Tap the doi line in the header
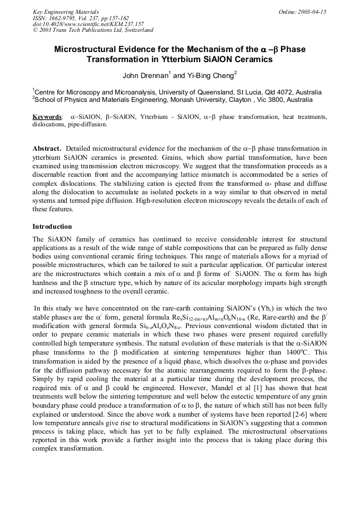88,24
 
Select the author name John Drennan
145,75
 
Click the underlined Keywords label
47,116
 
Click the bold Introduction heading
52,226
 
